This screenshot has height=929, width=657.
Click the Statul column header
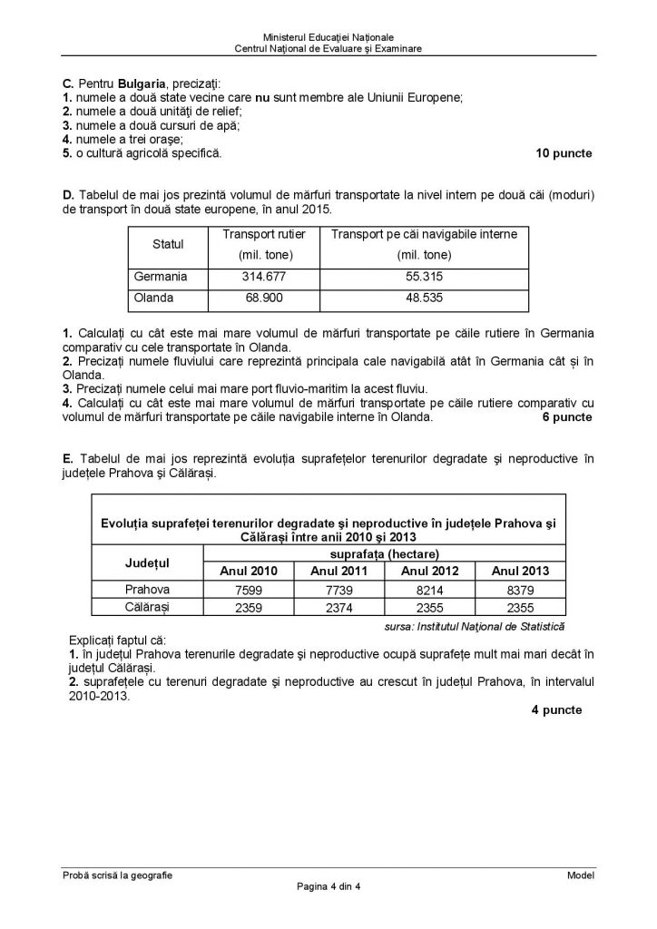click(x=169, y=244)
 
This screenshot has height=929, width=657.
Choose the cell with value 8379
click(x=521, y=589)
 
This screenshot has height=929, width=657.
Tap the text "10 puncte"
click(x=564, y=153)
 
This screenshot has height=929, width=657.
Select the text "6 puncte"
click(x=567, y=417)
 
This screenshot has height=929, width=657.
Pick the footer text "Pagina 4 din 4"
click(x=328, y=886)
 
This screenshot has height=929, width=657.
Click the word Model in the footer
click(x=580, y=875)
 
